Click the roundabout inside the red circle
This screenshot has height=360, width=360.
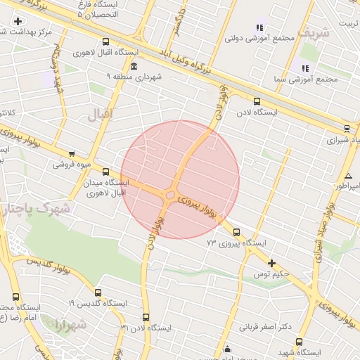coord(170,195)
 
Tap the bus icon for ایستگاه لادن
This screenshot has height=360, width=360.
coord(257,101)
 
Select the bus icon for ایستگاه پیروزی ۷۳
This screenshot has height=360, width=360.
coord(236,232)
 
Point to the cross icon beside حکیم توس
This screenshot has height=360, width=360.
coord(271,263)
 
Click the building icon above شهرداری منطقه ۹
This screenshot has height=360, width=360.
coord(134,66)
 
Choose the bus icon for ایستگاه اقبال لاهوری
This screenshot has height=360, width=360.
coord(105,42)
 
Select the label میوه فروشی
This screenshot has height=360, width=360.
coord(72,165)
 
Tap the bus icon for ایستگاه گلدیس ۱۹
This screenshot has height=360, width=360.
coord(97,292)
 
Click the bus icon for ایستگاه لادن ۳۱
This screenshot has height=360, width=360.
coord(146,317)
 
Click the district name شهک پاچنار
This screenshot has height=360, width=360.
coord(35,209)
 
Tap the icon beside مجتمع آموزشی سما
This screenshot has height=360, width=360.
coord(305,68)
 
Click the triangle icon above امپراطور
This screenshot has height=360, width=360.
coord(348,175)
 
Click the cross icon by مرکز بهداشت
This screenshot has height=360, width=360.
coord(18,21)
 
